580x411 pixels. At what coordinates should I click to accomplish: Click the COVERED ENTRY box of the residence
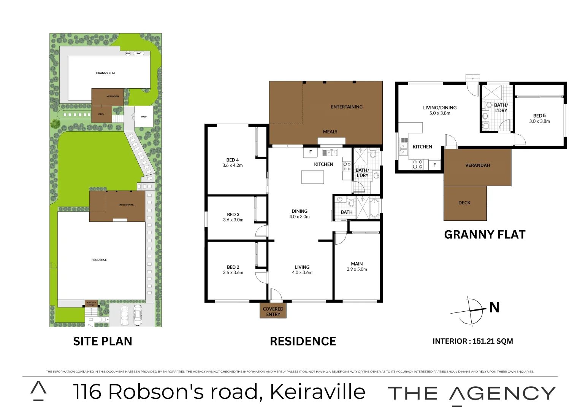click(273, 311)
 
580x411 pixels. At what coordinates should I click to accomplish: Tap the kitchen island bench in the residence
click(312, 177)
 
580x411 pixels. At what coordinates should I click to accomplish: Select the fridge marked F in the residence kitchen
click(310, 152)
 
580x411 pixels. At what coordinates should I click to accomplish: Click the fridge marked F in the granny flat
click(434, 165)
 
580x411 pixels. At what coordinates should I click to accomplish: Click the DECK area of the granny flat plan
click(465, 203)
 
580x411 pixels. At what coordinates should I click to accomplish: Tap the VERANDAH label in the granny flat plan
click(477, 166)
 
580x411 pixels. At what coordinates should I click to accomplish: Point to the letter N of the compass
click(494, 307)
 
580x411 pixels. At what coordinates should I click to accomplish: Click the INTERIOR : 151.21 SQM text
click(472, 341)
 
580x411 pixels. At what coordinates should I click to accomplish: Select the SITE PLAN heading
click(103, 341)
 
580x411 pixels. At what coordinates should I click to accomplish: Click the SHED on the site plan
click(144, 116)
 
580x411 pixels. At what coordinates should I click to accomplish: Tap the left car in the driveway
click(125, 315)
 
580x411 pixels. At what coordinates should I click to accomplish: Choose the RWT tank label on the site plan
click(139, 53)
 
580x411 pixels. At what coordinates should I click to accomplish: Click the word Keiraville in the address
click(318, 392)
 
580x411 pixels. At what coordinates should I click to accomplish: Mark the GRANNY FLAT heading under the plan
click(485, 234)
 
